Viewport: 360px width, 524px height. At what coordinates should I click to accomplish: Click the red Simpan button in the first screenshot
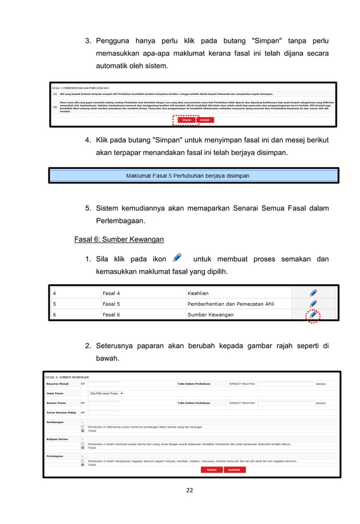click(186, 120)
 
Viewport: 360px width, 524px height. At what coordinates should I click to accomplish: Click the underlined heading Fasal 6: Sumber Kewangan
click(119, 239)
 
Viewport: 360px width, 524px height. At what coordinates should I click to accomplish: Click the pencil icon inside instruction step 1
click(177, 258)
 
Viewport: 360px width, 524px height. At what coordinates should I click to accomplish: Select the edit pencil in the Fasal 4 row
click(313, 293)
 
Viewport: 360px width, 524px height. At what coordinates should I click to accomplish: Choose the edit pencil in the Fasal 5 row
click(313, 303)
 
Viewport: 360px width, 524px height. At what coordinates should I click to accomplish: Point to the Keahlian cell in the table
click(198, 293)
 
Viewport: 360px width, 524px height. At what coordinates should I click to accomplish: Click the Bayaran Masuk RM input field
click(103, 384)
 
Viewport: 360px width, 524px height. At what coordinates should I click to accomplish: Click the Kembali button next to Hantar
click(234, 469)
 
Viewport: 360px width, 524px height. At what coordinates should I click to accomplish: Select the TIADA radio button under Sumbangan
click(83, 430)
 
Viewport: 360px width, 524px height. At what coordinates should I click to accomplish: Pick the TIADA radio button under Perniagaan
click(83, 465)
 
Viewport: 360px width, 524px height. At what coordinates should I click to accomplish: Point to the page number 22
click(189, 490)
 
